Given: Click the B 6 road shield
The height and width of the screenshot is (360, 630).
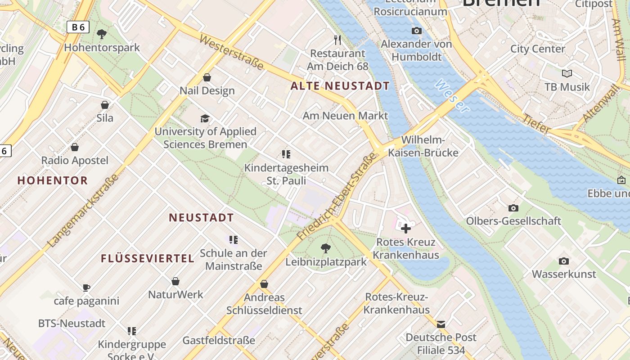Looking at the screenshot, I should [78, 27].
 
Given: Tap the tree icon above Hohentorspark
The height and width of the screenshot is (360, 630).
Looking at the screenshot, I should [102, 34].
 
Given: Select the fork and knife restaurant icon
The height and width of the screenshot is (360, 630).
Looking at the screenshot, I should [337, 40].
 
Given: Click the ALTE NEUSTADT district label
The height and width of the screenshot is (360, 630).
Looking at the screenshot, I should [340, 85].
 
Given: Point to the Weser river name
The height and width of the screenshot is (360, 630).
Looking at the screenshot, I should [452, 96].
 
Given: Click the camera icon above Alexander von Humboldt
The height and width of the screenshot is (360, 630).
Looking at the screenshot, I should [417, 31].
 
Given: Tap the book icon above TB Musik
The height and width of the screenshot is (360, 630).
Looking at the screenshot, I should [567, 73].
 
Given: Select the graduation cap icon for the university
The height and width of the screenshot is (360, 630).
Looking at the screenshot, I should [205, 118].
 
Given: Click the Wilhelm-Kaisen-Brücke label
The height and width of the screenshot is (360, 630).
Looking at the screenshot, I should [423, 146].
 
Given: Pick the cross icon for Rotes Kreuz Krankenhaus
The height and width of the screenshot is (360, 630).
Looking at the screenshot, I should [406, 229].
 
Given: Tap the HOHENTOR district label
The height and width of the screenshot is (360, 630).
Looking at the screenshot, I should [53, 180].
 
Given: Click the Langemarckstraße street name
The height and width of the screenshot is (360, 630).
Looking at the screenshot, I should [83, 210].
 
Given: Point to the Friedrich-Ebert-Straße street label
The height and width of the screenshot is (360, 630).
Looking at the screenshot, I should [336, 196].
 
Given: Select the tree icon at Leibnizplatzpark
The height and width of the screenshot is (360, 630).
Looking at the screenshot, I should [326, 248].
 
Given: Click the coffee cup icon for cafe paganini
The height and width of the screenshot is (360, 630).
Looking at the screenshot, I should [86, 288].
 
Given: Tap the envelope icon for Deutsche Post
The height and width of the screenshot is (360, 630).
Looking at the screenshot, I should [441, 324].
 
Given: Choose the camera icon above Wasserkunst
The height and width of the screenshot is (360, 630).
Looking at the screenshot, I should [563, 261].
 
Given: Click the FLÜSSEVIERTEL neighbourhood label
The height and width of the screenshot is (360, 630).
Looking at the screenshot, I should [148, 258].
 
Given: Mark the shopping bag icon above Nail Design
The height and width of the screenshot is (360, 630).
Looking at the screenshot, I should [207, 77].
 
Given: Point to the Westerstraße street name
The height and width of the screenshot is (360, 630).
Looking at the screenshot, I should [231, 53].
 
